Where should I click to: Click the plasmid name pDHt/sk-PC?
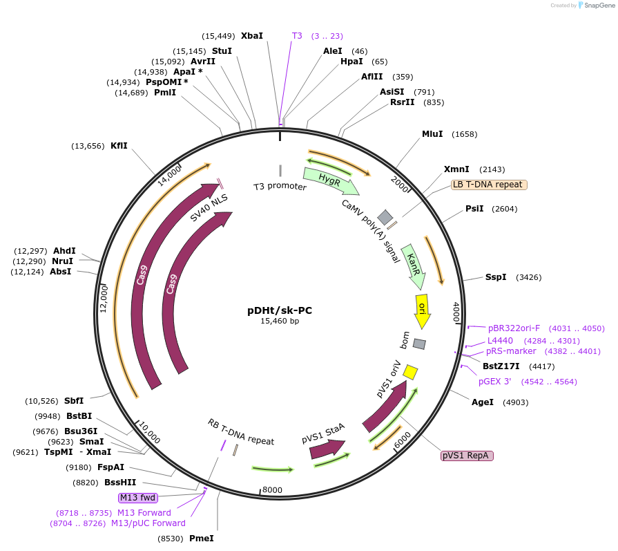coord(280,310)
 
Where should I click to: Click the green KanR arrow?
coord(413,265)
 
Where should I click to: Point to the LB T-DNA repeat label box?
coord(489,185)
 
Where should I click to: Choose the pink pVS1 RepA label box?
coord(466,456)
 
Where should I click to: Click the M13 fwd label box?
coord(138,498)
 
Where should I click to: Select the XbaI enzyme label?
coord(252,35)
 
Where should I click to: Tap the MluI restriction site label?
coord(432,134)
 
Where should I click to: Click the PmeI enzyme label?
coord(202,538)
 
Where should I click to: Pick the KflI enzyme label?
coord(119,146)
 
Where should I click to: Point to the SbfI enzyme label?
coord(74,400)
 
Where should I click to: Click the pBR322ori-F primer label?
coord(514,328)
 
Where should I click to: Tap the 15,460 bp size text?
coord(280,321)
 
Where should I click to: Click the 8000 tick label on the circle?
coord(272,490)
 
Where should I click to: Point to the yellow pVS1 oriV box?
coord(410,372)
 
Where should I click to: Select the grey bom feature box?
coord(419,344)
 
